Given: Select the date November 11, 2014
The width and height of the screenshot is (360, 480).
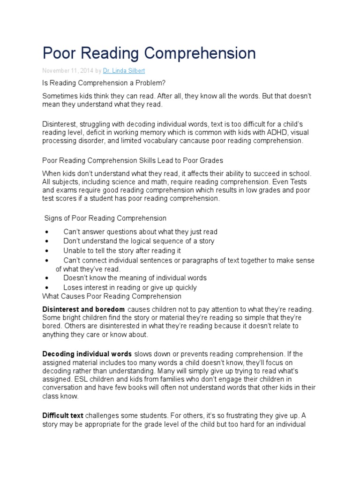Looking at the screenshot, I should pos(67,71).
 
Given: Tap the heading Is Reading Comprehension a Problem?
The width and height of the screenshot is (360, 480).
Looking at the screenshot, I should pos(104,83).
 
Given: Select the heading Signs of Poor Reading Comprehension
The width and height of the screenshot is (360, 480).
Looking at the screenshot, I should pos(105,218).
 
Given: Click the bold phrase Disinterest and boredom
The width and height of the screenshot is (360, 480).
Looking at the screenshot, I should pos(83,309).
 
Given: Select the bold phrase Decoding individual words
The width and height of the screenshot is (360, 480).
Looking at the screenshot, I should pos(88,353).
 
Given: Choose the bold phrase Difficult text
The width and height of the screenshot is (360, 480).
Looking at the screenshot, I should pos(63,415).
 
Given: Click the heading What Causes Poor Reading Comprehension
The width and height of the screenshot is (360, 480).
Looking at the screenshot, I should pos(112,296).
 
